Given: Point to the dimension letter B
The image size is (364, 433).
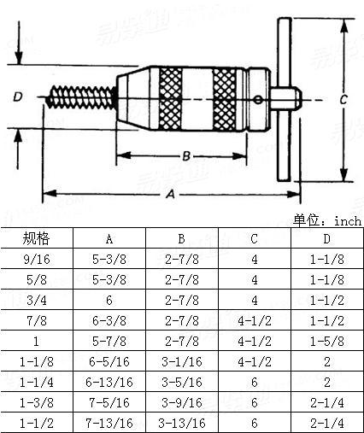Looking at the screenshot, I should (x=185, y=156).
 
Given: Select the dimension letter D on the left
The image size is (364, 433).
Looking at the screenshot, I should (x=18, y=97).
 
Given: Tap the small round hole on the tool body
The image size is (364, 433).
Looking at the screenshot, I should (x=256, y=100).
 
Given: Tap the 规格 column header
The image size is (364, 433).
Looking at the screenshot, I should (x=36, y=238).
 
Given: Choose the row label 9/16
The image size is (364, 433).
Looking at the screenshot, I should (x=36, y=259).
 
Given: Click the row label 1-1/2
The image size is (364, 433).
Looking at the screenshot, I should (x=36, y=422).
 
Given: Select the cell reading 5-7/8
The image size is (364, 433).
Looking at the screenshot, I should (x=109, y=341).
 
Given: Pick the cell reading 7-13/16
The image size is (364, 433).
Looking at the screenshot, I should (x=109, y=422).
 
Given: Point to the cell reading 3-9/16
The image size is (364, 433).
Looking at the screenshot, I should (x=181, y=401).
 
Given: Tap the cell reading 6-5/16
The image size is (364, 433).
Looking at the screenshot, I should (x=109, y=361).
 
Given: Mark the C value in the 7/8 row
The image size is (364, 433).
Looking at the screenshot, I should (x=255, y=320).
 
